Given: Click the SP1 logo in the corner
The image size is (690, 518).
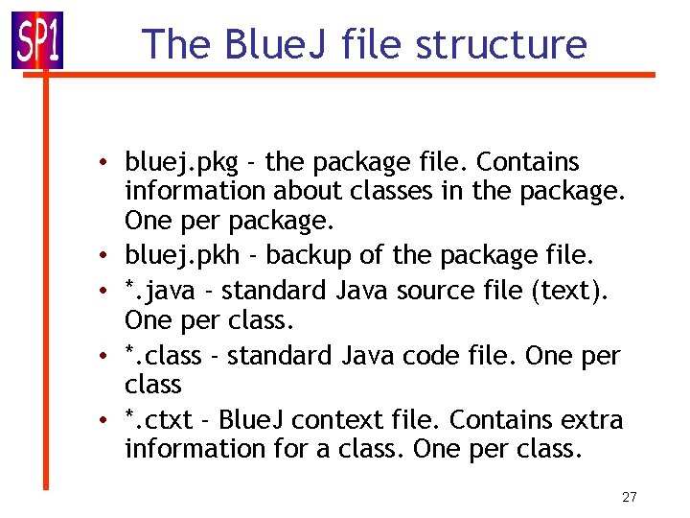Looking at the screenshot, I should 37,41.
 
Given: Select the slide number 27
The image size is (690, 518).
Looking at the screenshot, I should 630,497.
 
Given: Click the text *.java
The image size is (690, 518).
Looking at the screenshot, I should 160,291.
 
